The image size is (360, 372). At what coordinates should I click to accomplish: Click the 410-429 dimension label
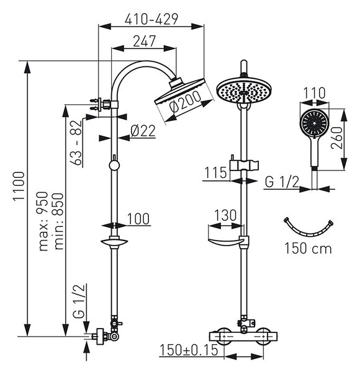point(151,19)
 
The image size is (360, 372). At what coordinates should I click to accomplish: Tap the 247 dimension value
point(144,42)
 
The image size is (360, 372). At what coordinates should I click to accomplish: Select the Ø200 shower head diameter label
point(185,102)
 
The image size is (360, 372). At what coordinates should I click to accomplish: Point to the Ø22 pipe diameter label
point(143,131)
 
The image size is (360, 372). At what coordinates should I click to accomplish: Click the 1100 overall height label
point(19,187)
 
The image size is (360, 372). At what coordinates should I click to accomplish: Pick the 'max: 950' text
point(43,221)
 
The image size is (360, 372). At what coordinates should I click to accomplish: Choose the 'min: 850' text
point(58,221)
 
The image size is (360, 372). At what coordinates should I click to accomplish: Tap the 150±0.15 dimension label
point(189,350)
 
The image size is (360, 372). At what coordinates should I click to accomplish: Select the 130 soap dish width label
point(225,215)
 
